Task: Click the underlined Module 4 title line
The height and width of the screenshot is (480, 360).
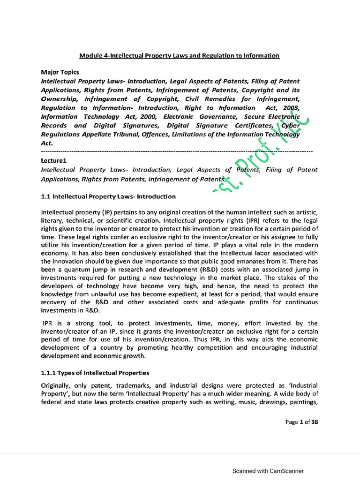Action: click(179, 56)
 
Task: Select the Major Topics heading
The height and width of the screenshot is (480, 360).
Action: click(60, 73)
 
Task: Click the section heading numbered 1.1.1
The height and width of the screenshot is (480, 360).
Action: click(95, 373)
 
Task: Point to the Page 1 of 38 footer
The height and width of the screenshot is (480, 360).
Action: click(302, 422)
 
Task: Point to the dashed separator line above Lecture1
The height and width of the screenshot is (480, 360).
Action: click(177, 152)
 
